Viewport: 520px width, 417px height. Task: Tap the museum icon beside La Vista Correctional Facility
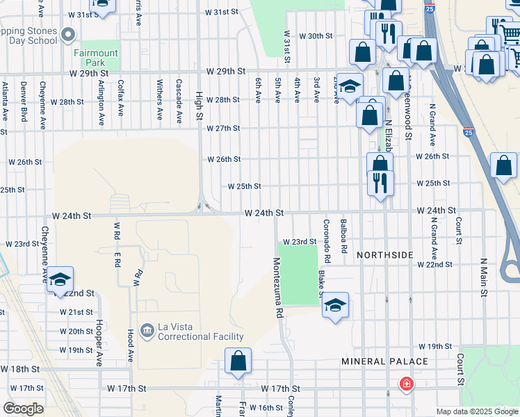(147, 329)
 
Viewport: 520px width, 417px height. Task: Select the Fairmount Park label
(96, 58)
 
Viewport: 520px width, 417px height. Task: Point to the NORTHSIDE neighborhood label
(385, 255)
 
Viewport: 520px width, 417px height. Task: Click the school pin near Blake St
(335, 305)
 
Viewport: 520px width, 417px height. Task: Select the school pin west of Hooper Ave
(60, 279)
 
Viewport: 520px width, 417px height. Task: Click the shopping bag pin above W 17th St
(238, 361)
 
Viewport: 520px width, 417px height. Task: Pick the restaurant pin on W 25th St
(380, 183)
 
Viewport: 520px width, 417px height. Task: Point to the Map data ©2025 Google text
(476, 411)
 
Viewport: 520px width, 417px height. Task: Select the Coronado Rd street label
(325, 240)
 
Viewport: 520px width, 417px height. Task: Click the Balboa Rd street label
(343, 236)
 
